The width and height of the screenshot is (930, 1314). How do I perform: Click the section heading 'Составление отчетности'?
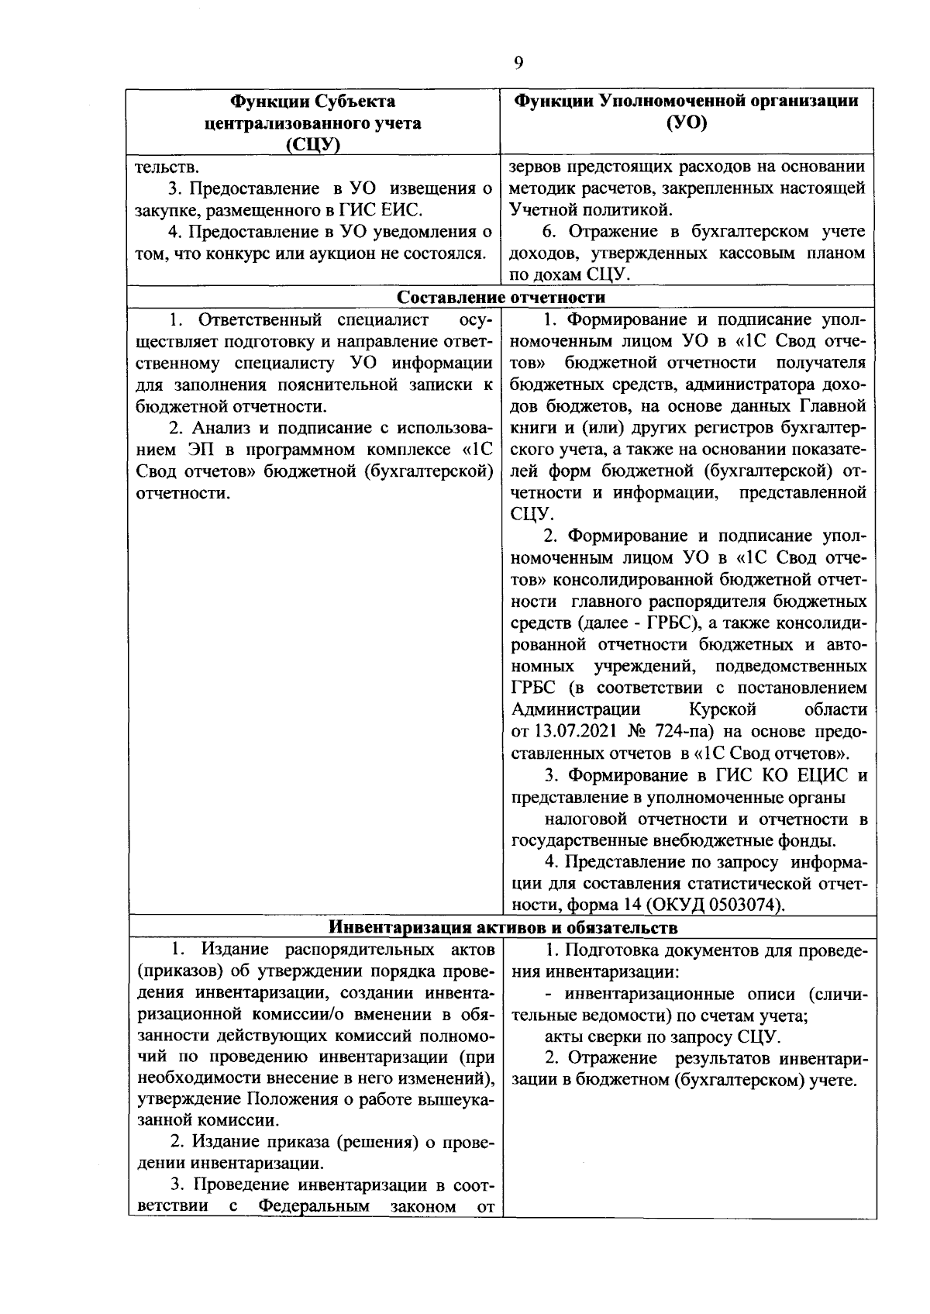[x=501, y=297]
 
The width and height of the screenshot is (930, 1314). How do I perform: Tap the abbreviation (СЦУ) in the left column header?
[x=314, y=145]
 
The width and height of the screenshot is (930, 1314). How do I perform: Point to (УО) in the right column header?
[x=687, y=123]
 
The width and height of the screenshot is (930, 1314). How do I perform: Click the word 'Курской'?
[x=722, y=709]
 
